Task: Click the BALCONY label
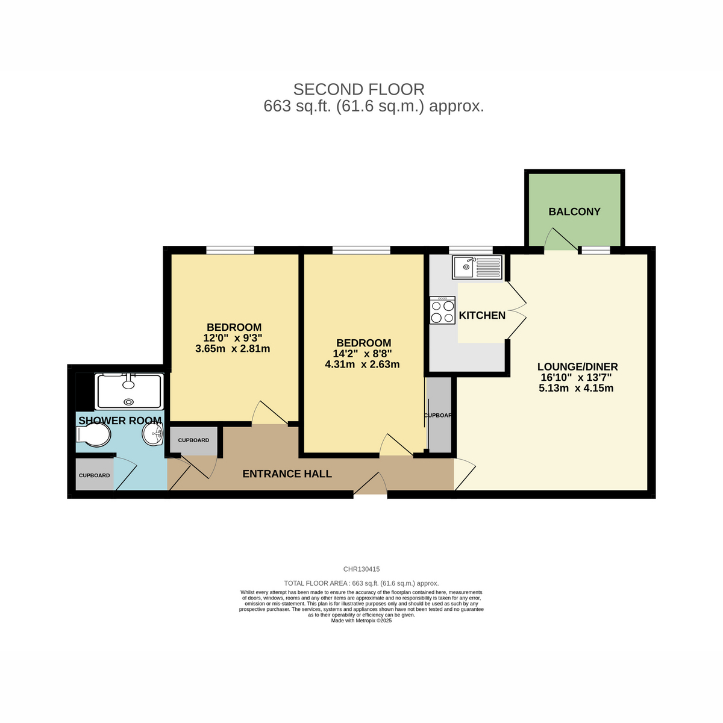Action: tap(574, 211)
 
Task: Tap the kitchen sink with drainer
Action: tap(477, 267)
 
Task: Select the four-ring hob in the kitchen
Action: tap(442, 310)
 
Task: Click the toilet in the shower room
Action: tap(93, 435)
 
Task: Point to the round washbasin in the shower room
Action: tap(152, 434)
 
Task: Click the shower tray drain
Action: tap(129, 402)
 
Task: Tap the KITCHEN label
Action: tap(482, 316)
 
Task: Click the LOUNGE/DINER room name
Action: tap(577, 366)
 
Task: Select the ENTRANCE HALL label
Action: tap(287, 474)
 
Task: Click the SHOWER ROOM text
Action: tap(120, 421)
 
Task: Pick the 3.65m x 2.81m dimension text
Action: tap(233, 349)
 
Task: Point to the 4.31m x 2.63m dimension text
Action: tap(362, 364)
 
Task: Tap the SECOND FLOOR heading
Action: tap(358, 89)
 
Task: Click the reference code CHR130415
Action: tap(361, 569)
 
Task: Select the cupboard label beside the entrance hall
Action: tap(193, 440)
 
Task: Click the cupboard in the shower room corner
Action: tap(95, 475)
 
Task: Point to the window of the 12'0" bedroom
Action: tap(230, 250)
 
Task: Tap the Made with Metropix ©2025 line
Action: tap(361, 621)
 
